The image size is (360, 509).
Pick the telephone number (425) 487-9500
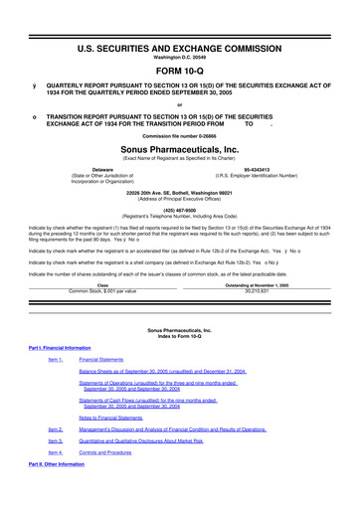(179, 211)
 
